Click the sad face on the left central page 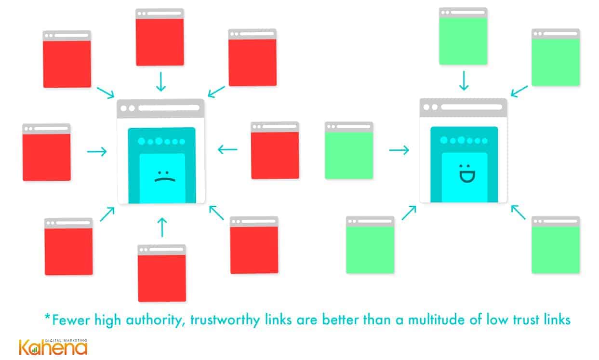165,176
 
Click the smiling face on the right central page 467,173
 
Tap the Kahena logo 53,347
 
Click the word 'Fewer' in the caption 71,320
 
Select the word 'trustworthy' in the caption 225,320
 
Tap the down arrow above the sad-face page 161,81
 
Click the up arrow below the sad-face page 162,227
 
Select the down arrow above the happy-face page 464,80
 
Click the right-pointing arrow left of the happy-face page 399,150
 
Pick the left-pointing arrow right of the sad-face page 227,149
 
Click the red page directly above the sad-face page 160,37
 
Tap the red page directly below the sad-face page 162,273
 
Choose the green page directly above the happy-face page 463,36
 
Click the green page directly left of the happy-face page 349,150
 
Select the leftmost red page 47,152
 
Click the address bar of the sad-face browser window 169,108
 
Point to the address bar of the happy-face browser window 472,107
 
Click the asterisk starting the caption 47,317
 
